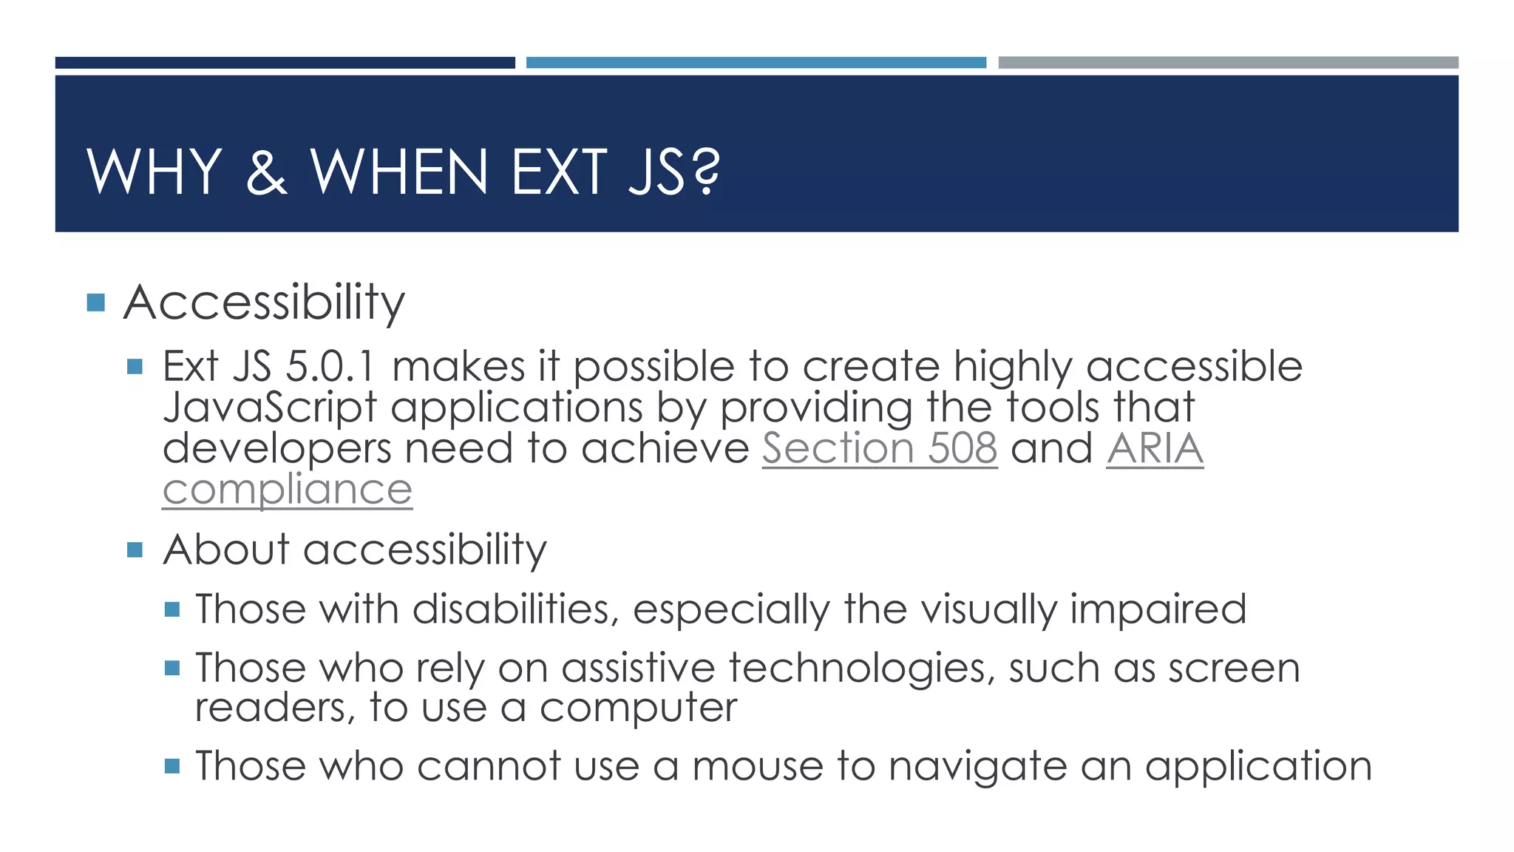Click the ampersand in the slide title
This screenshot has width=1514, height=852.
(x=266, y=172)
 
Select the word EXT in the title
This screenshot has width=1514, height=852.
(x=559, y=172)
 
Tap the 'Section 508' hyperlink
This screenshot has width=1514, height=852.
(x=880, y=448)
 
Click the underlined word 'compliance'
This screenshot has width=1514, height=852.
(x=287, y=490)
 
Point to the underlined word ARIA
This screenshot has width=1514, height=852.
(x=1155, y=448)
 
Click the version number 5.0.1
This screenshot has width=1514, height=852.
(x=330, y=367)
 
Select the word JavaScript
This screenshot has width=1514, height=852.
(x=270, y=408)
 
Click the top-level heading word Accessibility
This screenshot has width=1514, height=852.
(x=264, y=302)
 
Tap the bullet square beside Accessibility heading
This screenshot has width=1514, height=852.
(x=95, y=302)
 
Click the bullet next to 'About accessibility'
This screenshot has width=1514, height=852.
(x=135, y=550)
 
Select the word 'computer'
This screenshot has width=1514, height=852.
(x=638, y=708)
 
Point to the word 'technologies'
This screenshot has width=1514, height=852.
(x=861, y=669)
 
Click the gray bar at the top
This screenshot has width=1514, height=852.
(x=1228, y=63)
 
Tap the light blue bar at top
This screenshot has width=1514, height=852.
(x=756, y=63)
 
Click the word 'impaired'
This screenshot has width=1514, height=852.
(x=1158, y=609)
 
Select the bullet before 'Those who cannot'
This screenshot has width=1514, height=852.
(x=172, y=765)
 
